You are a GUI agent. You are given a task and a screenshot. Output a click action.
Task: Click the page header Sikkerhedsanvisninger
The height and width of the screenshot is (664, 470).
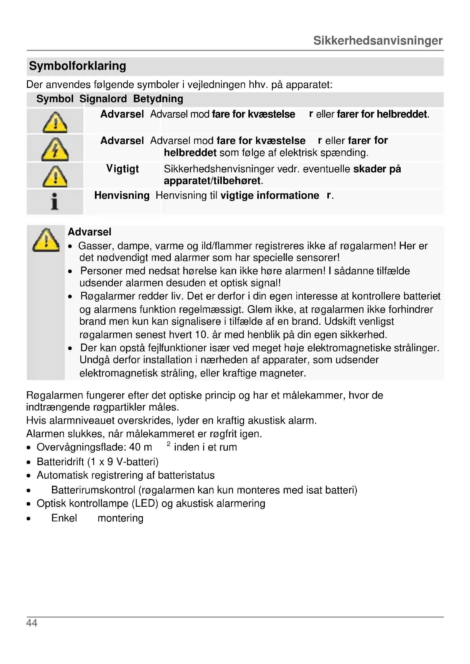378,41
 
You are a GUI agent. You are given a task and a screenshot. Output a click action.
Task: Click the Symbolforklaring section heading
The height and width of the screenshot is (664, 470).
77,66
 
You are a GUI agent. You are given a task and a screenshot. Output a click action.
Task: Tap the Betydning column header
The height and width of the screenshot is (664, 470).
158,99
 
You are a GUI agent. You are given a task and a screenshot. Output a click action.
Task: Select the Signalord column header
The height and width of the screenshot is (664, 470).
103,99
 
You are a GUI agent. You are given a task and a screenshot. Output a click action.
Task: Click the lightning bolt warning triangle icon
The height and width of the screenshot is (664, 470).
55,149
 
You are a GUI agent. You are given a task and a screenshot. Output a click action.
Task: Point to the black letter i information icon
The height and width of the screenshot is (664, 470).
54,201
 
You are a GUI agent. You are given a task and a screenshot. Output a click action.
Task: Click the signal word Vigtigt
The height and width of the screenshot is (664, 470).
122,169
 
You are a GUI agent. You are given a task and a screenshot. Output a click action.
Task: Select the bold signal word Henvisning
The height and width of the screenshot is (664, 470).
122,196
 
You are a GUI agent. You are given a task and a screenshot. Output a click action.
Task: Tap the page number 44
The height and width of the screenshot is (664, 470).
32,623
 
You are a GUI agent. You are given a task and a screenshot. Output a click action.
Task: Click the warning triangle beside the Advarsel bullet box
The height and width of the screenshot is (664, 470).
46,240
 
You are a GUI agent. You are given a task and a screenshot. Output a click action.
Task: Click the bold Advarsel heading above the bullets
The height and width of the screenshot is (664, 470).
90,232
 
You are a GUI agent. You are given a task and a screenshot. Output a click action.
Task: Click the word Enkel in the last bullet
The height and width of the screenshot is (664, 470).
64,518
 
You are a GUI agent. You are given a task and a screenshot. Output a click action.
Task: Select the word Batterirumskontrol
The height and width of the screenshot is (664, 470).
93,490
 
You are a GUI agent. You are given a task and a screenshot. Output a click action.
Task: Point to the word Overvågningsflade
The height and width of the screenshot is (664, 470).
81,447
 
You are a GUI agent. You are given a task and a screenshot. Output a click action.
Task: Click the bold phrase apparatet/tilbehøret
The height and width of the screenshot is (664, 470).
212,181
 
